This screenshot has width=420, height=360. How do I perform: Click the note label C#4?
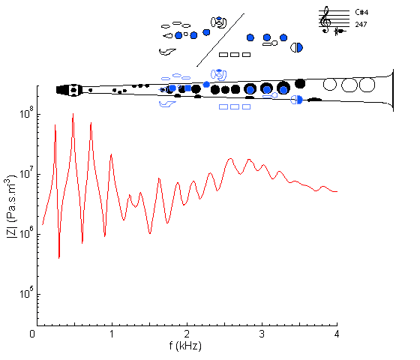(361, 12)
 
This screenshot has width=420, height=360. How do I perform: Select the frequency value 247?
(361, 24)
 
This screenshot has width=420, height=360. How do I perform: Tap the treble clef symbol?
(325, 19)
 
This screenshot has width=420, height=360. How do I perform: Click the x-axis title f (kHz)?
(185, 346)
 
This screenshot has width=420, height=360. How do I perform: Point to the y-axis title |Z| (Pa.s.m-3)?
(11, 206)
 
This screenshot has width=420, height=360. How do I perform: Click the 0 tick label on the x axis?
(32, 334)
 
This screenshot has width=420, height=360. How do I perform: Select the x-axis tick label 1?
(112, 334)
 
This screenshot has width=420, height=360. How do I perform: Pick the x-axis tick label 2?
(187, 334)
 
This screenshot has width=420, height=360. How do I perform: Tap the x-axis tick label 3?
(262, 334)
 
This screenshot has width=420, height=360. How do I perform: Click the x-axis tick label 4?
(337, 334)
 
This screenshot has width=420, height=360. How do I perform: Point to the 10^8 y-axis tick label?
(26, 112)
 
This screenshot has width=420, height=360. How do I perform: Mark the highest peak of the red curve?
(73, 114)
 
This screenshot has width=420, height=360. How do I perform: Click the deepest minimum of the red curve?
(59, 258)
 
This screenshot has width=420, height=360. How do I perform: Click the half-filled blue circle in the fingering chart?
(297, 48)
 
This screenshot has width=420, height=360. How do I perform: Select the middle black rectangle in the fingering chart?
(235, 55)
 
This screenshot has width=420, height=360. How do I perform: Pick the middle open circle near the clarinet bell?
(349, 85)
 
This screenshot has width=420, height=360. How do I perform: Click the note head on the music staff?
(340, 31)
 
